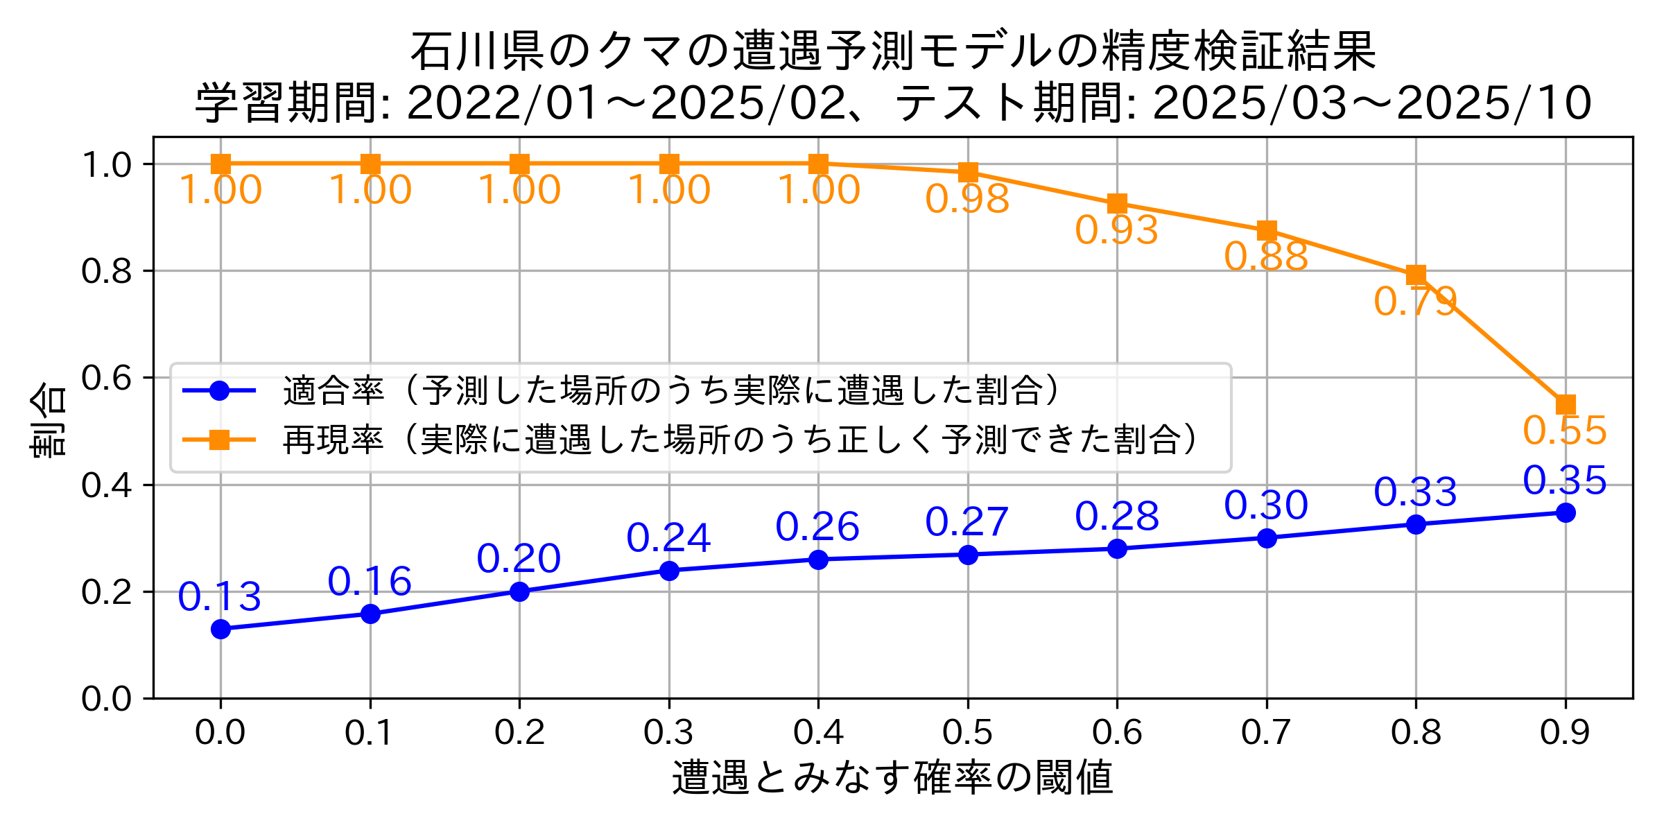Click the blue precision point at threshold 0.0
click(x=220, y=629)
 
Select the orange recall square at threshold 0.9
click(x=1566, y=405)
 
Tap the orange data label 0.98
click(x=967, y=200)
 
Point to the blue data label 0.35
click(x=1565, y=480)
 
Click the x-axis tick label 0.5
click(x=967, y=733)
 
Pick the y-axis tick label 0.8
click(x=106, y=271)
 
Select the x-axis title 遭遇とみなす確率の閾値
click(x=892, y=778)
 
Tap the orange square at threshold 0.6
click(x=1117, y=204)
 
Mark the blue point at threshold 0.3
click(x=669, y=571)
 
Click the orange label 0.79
click(x=1415, y=302)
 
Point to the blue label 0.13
click(x=220, y=597)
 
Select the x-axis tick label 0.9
click(x=1565, y=733)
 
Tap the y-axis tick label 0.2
click(x=106, y=592)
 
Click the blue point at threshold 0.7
click(x=1267, y=538)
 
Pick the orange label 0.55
click(x=1565, y=431)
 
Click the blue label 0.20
click(x=519, y=559)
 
